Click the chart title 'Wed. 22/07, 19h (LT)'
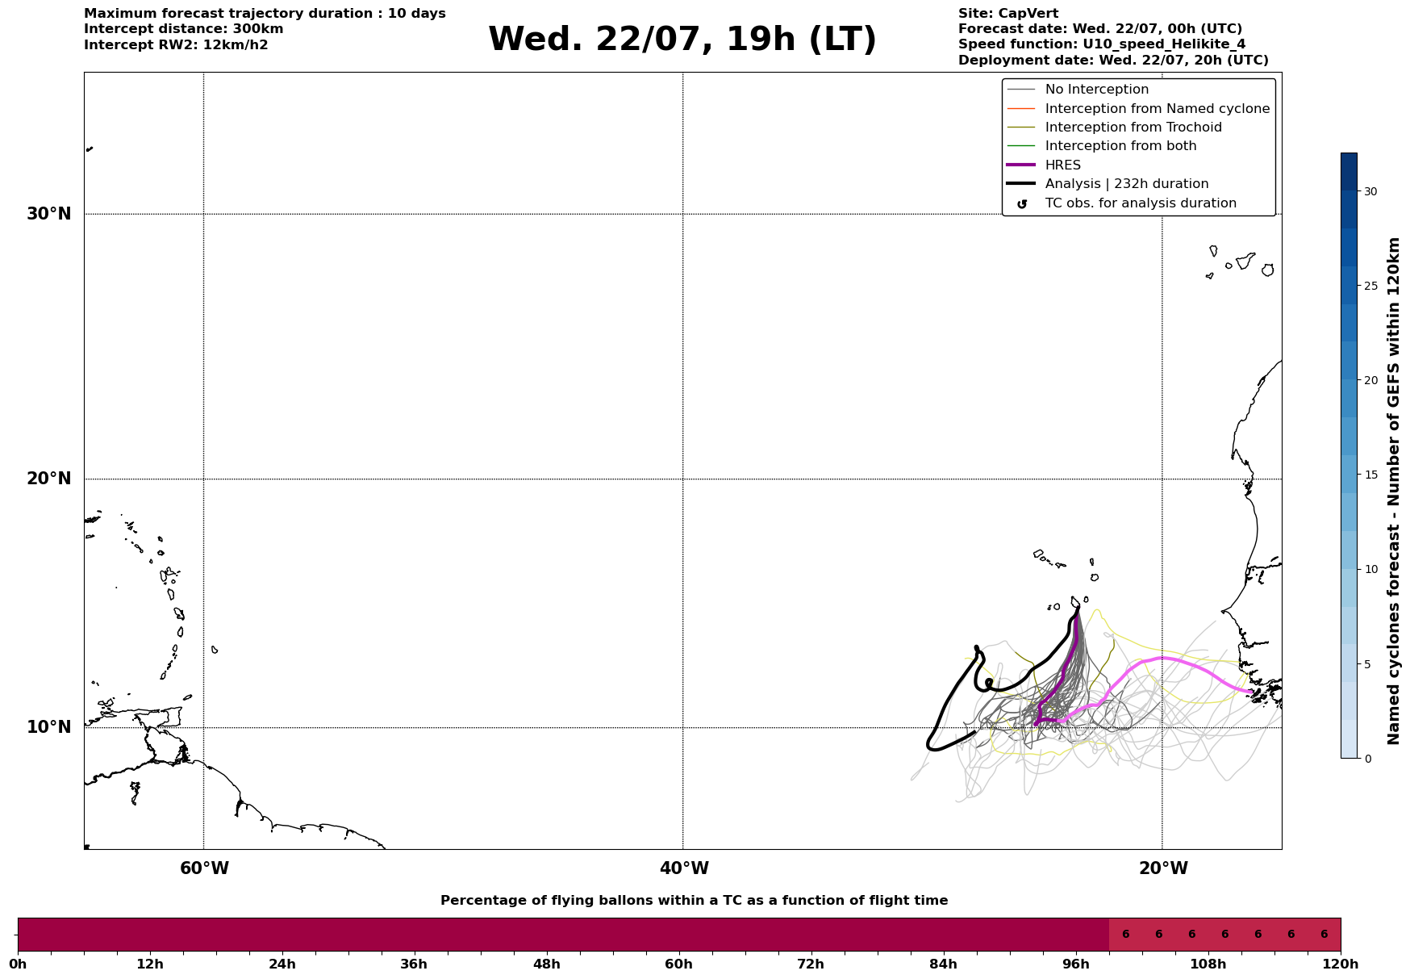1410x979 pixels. point(682,40)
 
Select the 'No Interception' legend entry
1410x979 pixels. point(1096,90)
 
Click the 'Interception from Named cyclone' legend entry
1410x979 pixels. point(1157,109)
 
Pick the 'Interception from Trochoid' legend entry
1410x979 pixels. point(1133,128)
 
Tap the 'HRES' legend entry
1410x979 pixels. point(1062,165)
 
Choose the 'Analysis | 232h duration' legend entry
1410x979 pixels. point(1126,184)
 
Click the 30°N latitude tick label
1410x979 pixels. point(48,214)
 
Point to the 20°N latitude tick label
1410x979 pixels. point(48,479)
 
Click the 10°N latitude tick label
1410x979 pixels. point(48,727)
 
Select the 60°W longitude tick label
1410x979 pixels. point(204,868)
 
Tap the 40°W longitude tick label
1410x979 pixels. point(684,868)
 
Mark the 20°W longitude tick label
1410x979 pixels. point(1163,868)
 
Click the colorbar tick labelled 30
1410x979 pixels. point(1370,191)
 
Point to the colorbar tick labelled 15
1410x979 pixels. point(1370,475)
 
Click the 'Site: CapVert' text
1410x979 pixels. point(1008,14)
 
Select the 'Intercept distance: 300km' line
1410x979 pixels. point(184,29)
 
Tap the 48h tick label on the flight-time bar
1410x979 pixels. point(546,964)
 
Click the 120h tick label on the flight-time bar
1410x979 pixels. point(1341,964)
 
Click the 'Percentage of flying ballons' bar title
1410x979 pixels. point(694,901)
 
